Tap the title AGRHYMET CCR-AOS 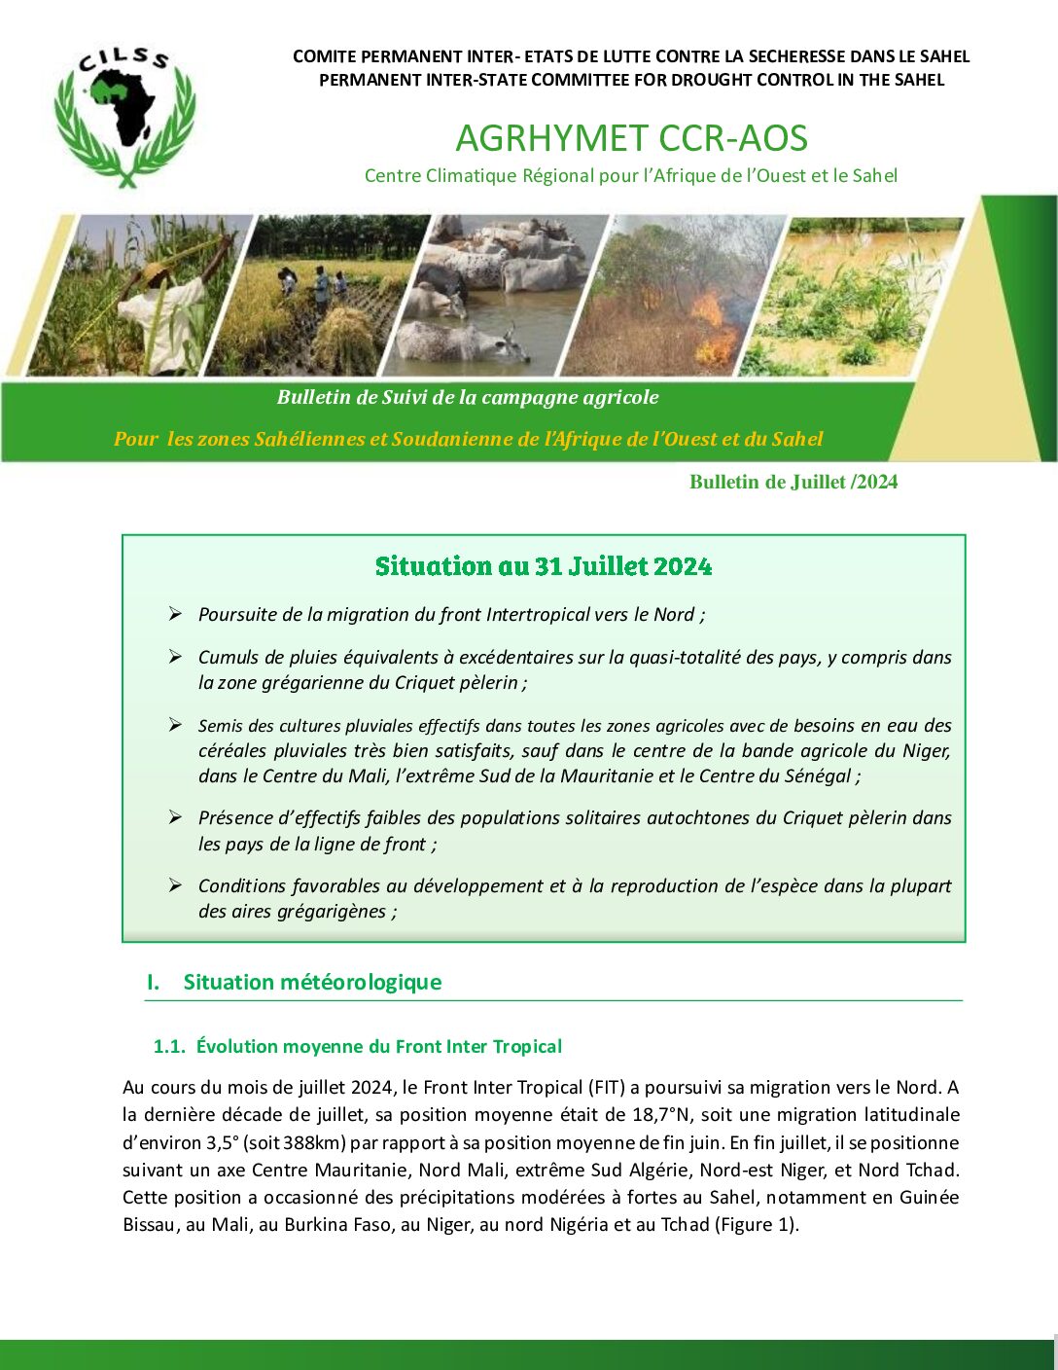(631, 138)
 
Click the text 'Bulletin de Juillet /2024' (793, 482)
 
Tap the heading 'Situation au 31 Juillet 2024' (544, 566)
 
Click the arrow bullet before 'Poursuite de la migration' (175, 614)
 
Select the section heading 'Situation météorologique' (312, 982)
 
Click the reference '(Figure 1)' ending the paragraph (756, 1224)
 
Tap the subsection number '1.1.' (169, 1046)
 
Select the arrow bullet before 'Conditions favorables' (175, 885)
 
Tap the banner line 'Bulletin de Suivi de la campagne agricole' (468, 397)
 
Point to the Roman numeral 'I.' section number (154, 982)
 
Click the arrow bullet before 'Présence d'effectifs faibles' (175, 817)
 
